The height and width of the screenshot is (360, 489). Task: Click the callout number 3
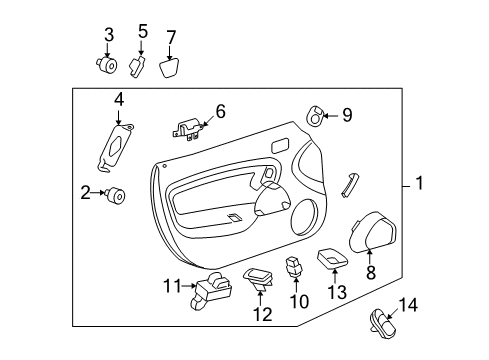[109, 37]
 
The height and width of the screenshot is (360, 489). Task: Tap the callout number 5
[143, 32]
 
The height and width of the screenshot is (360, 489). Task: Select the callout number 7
[171, 38]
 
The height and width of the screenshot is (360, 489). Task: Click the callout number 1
[420, 184]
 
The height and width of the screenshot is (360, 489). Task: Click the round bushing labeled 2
[118, 195]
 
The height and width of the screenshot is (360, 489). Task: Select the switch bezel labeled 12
[259, 277]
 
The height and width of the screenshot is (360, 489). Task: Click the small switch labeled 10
[295, 266]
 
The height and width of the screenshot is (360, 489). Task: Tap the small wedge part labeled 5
[139, 65]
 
